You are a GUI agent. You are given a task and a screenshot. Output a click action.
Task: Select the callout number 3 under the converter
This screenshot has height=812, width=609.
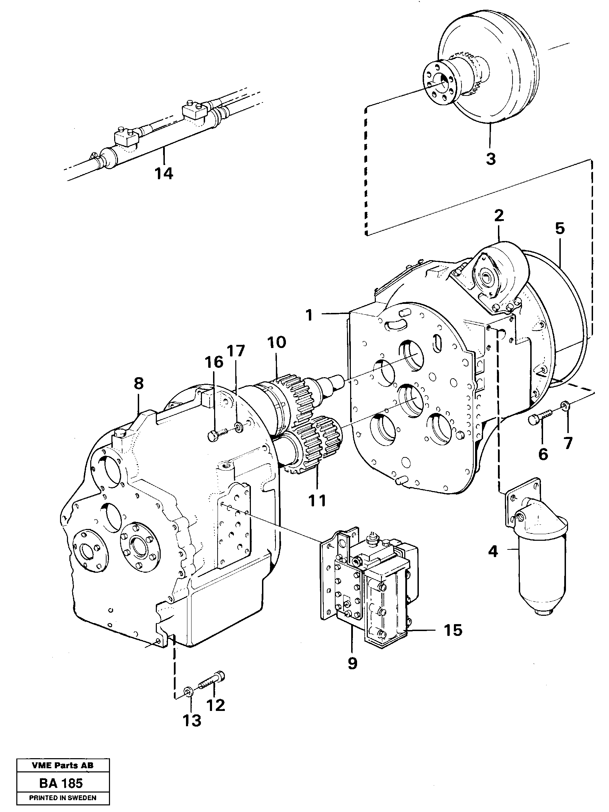pyautogui.click(x=491, y=159)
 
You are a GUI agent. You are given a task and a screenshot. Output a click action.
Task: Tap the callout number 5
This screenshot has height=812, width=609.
pyautogui.click(x=559, y=228)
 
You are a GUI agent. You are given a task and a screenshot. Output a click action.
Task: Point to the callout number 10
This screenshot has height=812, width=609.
pyautogui.click(x=276, y=342)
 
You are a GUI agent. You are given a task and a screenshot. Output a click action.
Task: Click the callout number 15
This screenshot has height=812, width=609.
pyautogui.click(x=453, y=630)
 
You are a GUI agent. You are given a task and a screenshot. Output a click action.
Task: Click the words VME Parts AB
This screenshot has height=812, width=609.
pyautogui.click(x=62, y=765)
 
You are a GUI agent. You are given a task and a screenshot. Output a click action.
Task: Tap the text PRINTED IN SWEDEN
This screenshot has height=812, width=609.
pyautogui.click(x=62, y=798)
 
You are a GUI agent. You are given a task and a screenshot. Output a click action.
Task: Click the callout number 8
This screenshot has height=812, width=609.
pyautogui.click(x=138, y=384)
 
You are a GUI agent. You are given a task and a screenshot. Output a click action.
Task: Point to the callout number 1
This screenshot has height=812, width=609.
pyautogui.click(x=310, y=315)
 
